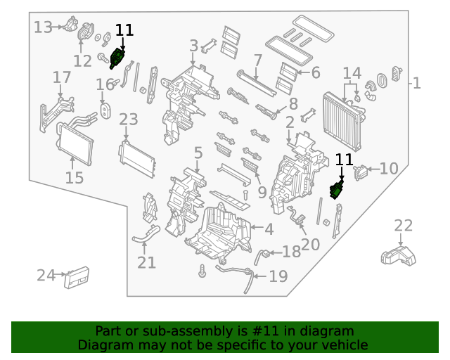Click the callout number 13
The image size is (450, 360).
click(x=43, y=27)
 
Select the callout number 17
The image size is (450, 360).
click(x=62, y=77)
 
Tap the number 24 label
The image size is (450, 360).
click(x=46, y=275)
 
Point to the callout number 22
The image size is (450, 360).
click(x=403, y=226)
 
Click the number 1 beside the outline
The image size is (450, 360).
click(x=417, y=84)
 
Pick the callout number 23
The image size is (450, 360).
click(x=128, y=120)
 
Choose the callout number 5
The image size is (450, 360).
click(x=198, y=152)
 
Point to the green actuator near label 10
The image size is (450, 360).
click(x=338, y=188)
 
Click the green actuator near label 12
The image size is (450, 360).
click(x=117, y=58)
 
